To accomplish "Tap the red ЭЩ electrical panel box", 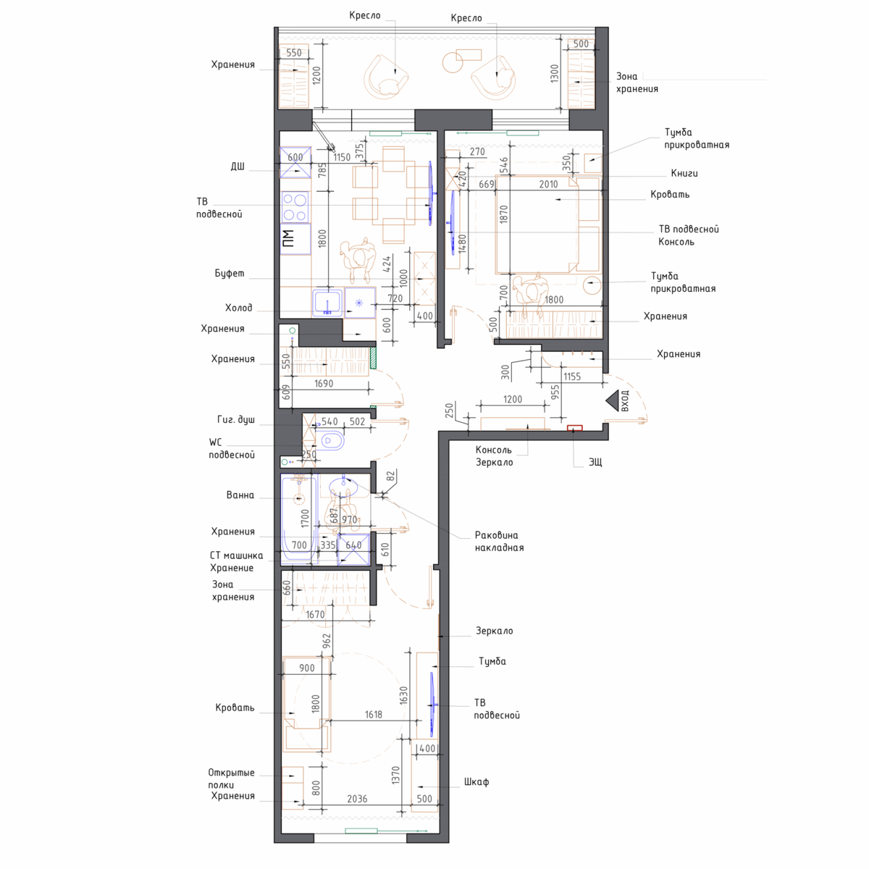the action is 574,427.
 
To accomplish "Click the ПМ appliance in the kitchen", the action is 295,238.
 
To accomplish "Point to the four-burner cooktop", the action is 295,207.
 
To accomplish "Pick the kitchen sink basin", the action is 327,302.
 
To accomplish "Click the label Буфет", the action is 230,273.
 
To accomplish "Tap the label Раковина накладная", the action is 499,541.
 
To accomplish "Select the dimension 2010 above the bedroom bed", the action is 548,184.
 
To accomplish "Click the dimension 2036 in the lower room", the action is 357,799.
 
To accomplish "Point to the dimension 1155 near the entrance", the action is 572,377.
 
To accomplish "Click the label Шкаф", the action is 477,782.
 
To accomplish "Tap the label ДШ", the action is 238,167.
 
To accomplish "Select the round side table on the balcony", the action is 453,62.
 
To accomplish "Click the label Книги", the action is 684,173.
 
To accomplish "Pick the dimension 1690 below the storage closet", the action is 324,383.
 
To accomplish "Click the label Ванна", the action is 240,495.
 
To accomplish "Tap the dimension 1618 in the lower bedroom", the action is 374,714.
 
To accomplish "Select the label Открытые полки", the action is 231,778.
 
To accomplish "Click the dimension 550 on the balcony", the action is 293,53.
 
